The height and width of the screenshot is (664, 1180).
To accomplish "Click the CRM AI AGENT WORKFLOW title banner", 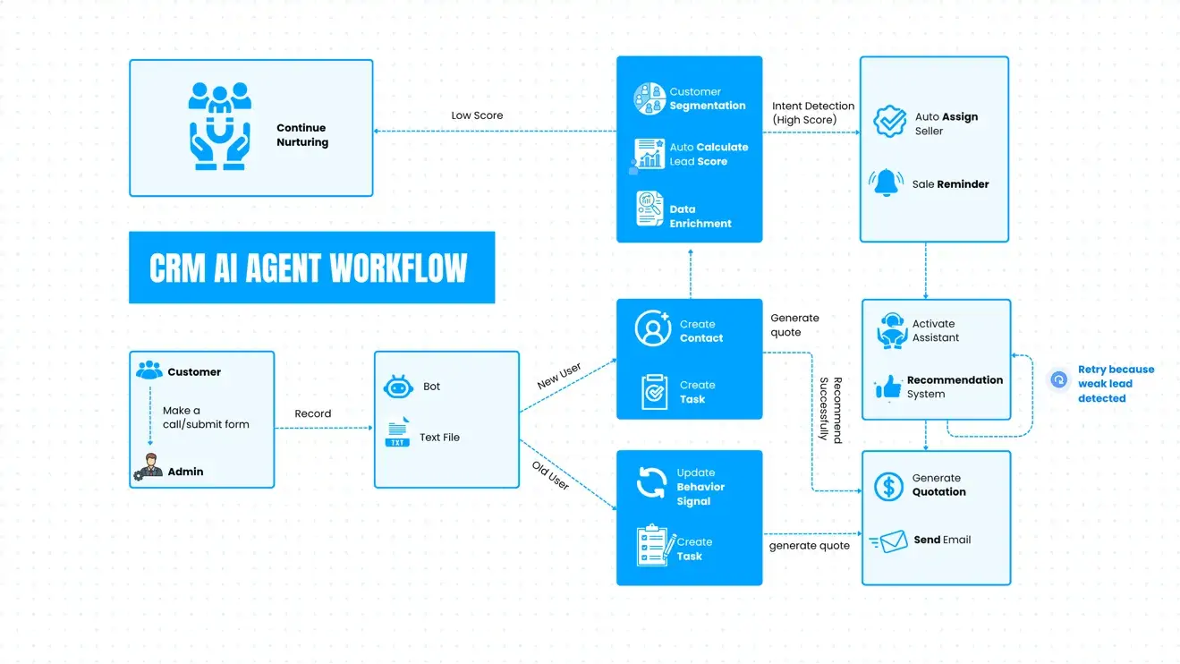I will click(311, 268).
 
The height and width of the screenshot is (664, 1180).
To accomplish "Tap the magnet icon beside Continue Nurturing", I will click(219, 126).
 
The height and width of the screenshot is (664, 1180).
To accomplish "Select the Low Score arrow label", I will click(477, 115).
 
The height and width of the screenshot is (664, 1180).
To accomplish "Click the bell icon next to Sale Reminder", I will click(887, 183).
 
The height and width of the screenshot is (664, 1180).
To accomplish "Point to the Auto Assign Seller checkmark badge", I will click(889, 122).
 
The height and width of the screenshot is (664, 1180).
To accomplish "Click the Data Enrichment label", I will click(700, 217).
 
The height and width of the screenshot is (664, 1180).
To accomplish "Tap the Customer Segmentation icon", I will click(649, 98).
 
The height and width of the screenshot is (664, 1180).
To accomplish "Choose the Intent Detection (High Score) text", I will click(813, 113).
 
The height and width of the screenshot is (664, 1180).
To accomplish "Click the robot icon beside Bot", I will click(397, 387).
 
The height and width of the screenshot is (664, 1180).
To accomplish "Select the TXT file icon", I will click(397, 433).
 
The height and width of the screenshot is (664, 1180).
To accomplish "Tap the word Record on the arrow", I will click(313, 413).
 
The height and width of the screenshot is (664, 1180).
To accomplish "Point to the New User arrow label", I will click(559, 376).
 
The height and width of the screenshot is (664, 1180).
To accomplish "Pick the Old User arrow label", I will click(550, 475).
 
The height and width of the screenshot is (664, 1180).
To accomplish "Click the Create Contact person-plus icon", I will click(653, 328).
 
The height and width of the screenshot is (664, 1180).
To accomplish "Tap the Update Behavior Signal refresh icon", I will click(651, 482).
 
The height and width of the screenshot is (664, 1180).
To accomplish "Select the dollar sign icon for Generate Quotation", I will click(888, 486).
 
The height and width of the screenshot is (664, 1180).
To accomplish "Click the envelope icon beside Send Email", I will click(891, 541).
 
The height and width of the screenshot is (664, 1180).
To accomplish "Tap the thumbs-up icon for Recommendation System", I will click(888, 387).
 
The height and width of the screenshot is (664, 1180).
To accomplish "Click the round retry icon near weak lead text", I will click(1059, 379).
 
